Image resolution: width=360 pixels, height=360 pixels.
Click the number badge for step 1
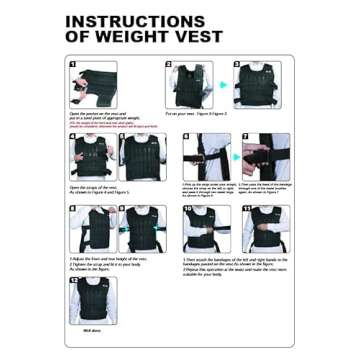(72, 65)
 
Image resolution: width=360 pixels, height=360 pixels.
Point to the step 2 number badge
(168, 65)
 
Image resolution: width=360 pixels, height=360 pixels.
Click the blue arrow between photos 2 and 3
(223, 86)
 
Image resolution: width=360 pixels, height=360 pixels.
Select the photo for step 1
(92, 87)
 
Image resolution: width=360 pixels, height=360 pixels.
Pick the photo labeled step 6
(199, 155)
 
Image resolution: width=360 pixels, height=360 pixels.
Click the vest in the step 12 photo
(92, 299)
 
